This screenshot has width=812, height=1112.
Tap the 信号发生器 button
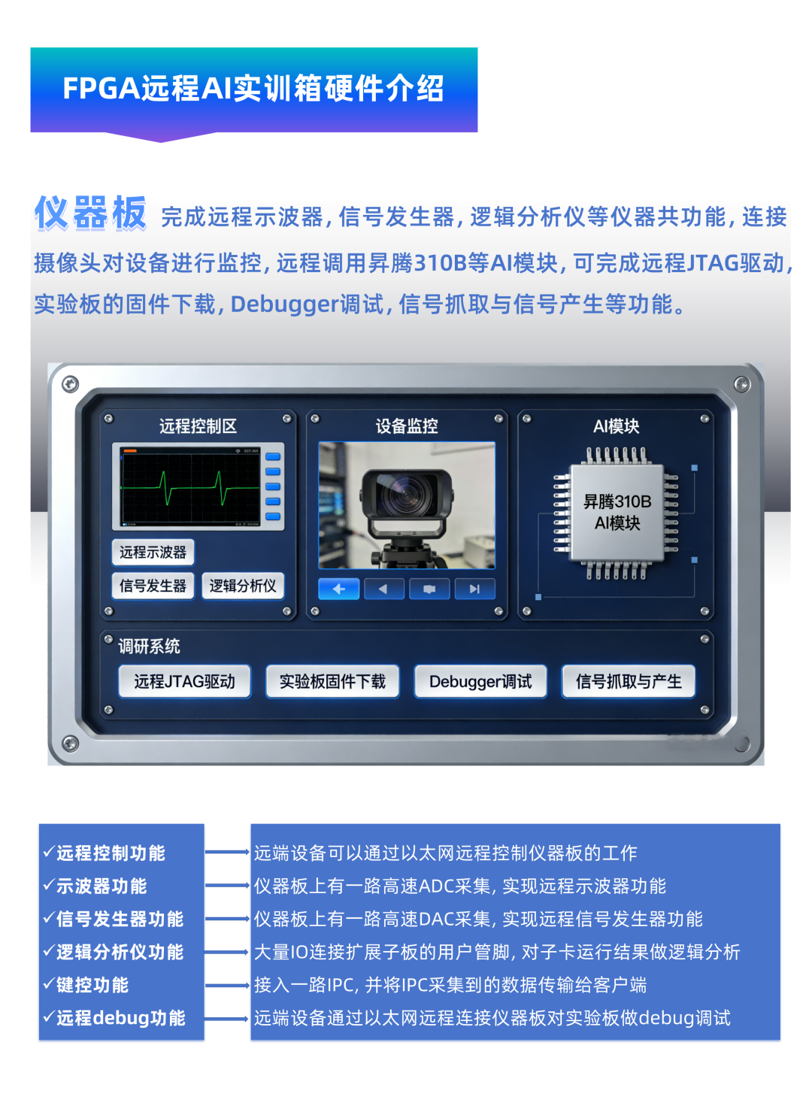[153, 586]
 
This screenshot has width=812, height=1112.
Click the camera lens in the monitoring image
[406, 495]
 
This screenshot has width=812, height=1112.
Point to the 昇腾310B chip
[617, 513]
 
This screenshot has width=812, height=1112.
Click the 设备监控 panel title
[407, 426]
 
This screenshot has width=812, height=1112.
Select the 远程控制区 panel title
[198, 426]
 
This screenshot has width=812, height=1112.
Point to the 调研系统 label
[149, 647]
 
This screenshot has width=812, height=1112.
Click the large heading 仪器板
[90, 214]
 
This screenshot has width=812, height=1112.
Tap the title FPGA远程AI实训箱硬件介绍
[253, 89]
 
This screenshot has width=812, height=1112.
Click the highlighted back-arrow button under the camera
[338, 589]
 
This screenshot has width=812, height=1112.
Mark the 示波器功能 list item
[96, 886]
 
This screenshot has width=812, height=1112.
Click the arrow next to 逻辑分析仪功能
[227, 953]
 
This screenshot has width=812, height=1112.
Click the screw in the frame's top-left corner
[70, 385]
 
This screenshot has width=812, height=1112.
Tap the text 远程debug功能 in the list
[115, 1019]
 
